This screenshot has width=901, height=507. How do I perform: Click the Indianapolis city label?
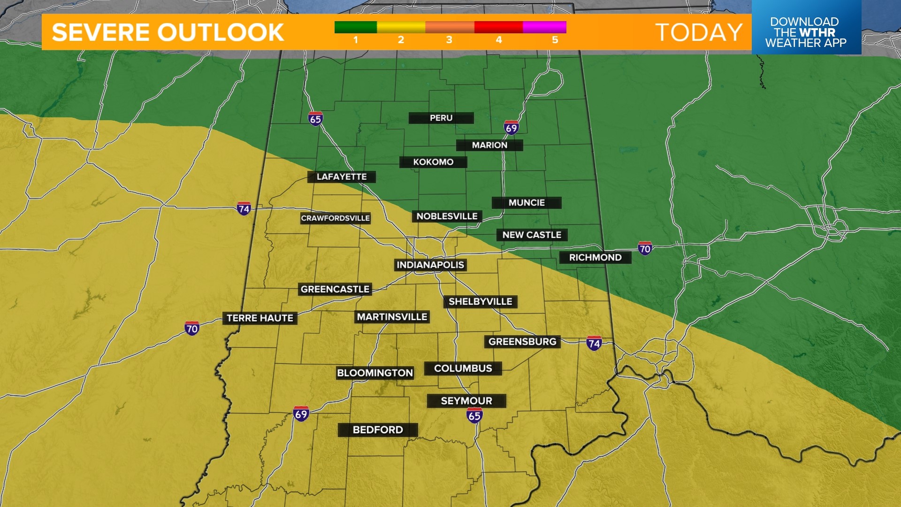(430, 265)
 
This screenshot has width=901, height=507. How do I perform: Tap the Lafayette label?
(341, 177)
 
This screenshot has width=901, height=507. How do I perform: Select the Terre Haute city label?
(260, 318)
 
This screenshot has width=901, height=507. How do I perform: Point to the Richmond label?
(595, 257)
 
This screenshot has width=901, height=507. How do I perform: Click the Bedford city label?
(377, 430)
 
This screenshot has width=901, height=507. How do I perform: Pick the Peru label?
(441, 118)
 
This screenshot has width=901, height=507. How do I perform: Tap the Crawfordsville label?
(335, 218)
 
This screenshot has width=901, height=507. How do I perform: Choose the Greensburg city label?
(522, 342)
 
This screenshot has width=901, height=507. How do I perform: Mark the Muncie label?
(527, 203)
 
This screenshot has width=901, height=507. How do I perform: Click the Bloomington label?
(375, 373)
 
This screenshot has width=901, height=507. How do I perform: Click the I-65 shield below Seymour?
(474, 415)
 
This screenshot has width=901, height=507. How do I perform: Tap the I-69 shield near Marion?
(511, 128)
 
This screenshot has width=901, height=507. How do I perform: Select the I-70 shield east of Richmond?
(645, 248)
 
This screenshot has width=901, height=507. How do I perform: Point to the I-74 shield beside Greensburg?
(594, 344)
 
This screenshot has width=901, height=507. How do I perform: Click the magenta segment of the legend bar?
(544, 27)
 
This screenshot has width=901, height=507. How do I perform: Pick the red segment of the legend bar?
(498, 27)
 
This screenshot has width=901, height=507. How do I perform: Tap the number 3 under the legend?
(449, 40)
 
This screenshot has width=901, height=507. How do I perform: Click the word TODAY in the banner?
(699, 32)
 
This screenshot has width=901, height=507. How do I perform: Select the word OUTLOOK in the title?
(221, 32)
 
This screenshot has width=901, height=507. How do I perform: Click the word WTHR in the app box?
(817, 32)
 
